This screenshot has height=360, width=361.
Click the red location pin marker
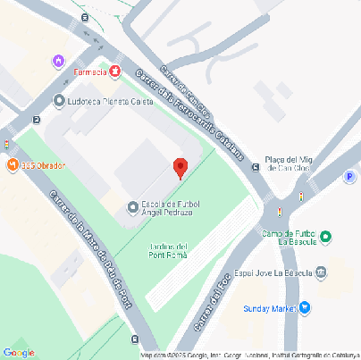point(180,167)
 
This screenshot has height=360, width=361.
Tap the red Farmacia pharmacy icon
point(115,70)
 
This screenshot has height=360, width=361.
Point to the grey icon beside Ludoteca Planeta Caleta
point(60,101)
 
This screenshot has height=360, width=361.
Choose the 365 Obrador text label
point(43,165)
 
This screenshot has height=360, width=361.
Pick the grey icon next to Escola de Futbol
point(133,207)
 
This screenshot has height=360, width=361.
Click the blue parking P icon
point(349,177)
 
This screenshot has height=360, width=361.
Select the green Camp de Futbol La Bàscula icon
point(326,237)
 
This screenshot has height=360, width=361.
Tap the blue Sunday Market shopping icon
point(305,308)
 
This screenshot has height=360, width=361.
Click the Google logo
point(19,353)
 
